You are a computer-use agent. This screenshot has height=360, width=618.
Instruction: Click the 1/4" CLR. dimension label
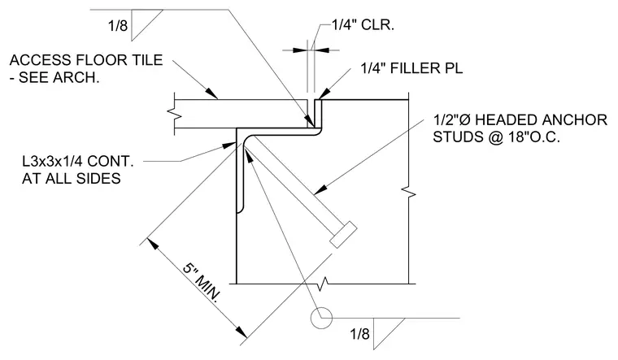[363, 25]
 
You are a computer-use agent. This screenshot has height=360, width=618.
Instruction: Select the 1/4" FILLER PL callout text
[411, 68]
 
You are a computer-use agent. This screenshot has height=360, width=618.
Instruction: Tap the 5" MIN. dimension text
[201, 282]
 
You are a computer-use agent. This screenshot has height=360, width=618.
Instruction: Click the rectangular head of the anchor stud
[344, 235]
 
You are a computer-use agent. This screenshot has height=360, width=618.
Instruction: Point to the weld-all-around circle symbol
[321, 318]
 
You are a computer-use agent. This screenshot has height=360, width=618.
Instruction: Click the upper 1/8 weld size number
[118, 26]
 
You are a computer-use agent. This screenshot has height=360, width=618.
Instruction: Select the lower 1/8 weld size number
[360, 334]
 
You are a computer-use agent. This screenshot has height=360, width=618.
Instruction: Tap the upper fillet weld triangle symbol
[146, 24]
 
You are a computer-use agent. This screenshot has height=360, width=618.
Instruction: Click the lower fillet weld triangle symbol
[388, 333]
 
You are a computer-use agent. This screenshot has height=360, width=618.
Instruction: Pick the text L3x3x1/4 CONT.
[78, 162]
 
